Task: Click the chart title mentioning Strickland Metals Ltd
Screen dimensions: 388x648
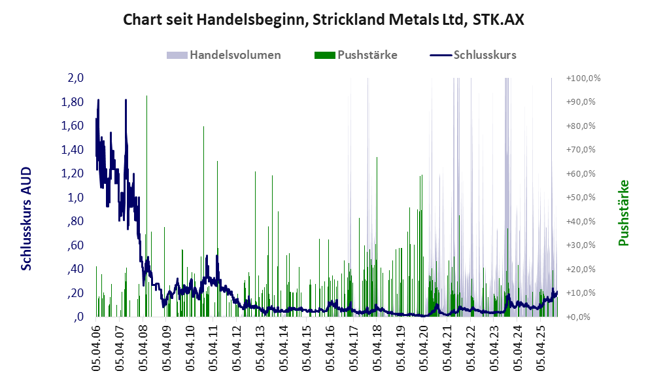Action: pyautogui.click(x=324, y=20)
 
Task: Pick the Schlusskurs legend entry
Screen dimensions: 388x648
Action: pyautogui.click(x=473, y=55)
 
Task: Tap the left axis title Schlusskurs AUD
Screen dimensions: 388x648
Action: pyautogui.click(x=26, y=218)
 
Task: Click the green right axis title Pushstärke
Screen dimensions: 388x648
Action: pyautogui.click(x=622, y=213)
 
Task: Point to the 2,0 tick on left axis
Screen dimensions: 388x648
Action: pyautogui.click(x=75, y=78)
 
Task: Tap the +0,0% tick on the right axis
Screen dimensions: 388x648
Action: pyautogui.click(x=578, y=317)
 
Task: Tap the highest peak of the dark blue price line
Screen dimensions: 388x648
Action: pyautogui.click(x=98, y=100)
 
